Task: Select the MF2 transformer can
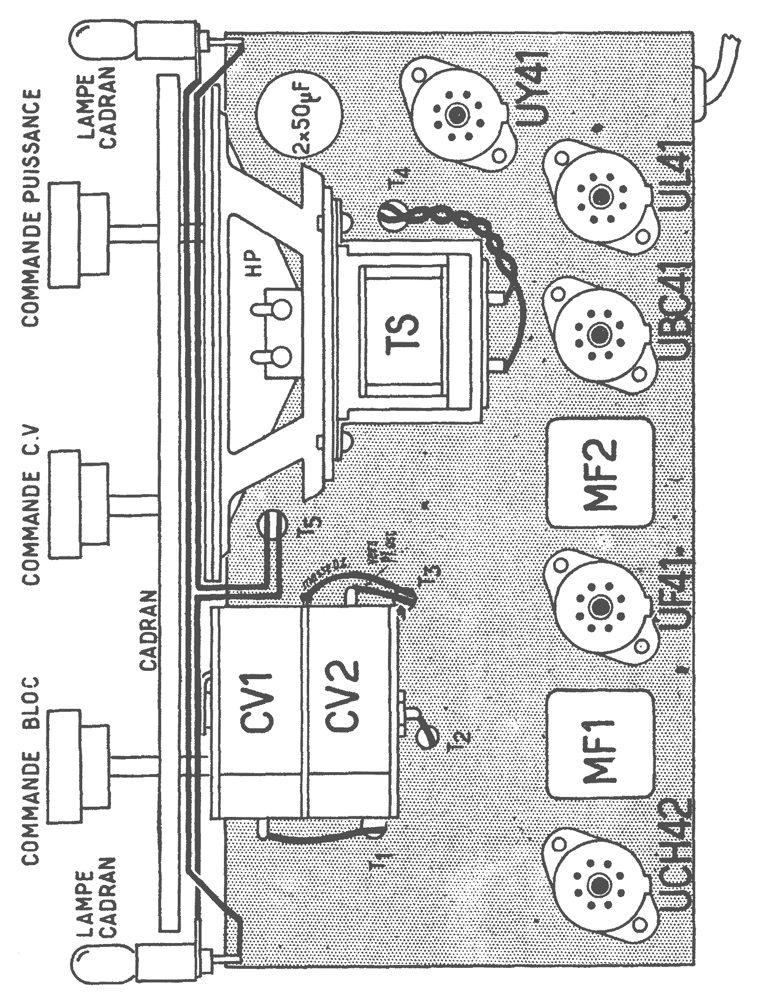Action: (x=599, y=473)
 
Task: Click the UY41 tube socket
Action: (x=456, y=115)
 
